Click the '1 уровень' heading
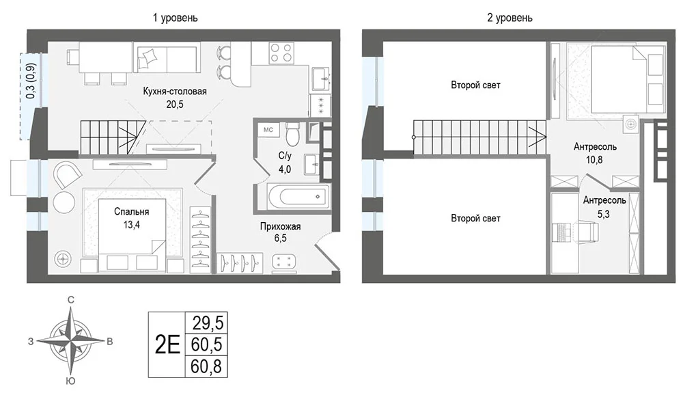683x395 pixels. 175,18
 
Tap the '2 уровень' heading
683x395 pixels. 510,18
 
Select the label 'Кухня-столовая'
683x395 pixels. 175,92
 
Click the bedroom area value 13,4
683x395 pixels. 132,225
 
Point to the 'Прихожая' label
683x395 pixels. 281,226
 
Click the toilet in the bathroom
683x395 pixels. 292,133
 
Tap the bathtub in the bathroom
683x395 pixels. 298,197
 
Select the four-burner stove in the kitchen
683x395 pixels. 281,53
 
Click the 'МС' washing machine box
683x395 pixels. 268,130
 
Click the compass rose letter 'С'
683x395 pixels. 70,299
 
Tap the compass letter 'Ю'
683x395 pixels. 70,381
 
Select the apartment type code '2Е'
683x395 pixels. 167,345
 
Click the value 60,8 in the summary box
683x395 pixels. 206,367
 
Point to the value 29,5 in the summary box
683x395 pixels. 208,323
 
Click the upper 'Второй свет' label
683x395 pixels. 475,85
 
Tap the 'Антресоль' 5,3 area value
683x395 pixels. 604,214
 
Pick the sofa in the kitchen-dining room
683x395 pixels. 167,57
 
